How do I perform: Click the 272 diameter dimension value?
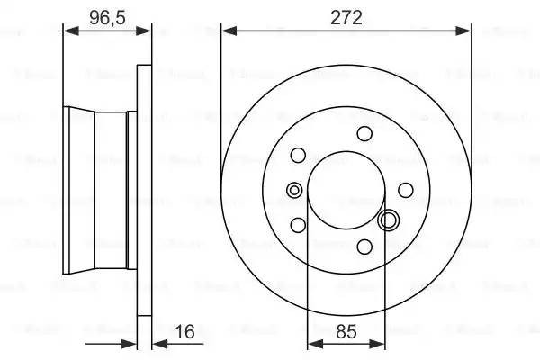[x=346, y=15]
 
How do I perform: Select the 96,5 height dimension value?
[x=107, y=15]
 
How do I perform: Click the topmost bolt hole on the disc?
[x=364, y=134]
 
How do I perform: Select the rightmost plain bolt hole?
[x=406, y=189]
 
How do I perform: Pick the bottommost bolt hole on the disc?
[x=364, y=246]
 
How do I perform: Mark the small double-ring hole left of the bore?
[x=293, y=190]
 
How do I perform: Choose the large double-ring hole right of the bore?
[x=390, y=220]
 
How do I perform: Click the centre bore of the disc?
[x=346, y=190]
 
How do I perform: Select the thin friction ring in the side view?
[x=144, y=189]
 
